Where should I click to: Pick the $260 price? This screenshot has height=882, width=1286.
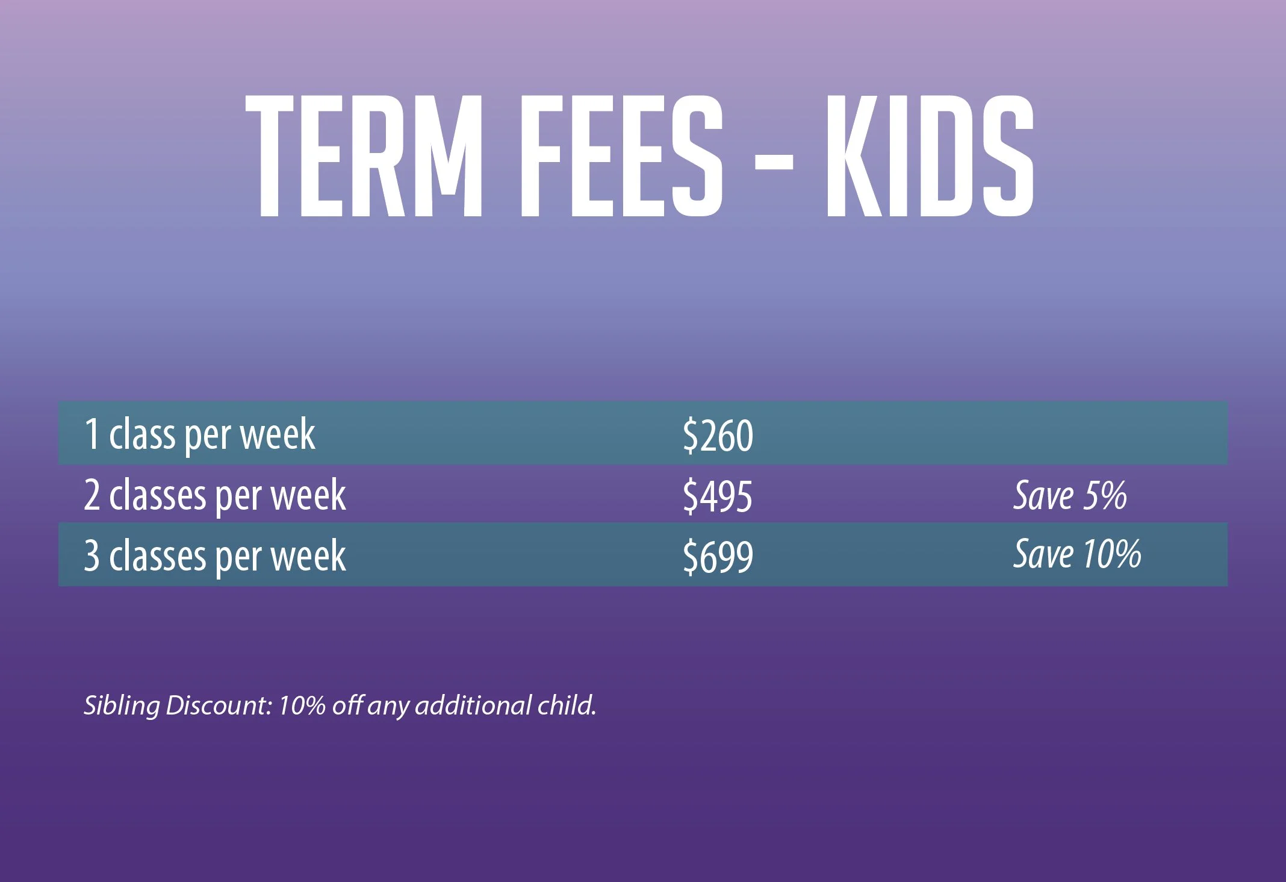(718, 436)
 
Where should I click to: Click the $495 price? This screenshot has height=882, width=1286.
(718, 496)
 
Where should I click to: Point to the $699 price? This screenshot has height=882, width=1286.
(718, 557)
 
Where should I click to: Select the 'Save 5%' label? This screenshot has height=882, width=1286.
(1070, 496)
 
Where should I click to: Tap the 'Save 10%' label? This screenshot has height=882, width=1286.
(1077, 554)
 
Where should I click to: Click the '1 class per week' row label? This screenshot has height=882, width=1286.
(199, 434)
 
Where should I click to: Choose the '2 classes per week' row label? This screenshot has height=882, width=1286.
(215, 496)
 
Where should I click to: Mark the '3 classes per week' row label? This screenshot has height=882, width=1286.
(215, 556)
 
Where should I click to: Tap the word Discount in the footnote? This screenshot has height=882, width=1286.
(219, 705)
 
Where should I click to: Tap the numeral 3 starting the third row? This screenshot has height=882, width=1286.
(92, 555)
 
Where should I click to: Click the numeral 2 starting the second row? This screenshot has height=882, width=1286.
(92, 495)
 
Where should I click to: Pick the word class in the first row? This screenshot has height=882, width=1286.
(142, 434)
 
